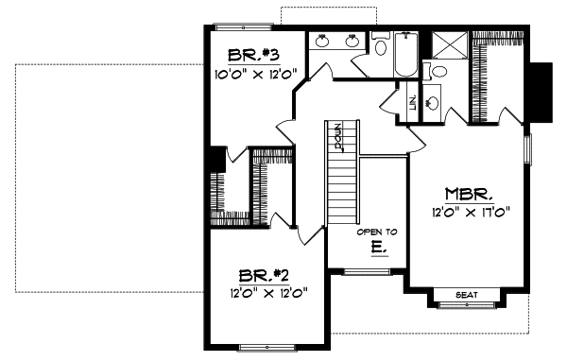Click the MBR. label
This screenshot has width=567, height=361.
click(467, 196)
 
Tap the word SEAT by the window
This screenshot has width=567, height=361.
click(466, 295)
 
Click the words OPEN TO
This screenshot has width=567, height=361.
click(376, 232)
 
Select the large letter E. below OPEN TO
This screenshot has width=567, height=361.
click(377, 249)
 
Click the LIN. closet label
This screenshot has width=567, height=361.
click(413, 100)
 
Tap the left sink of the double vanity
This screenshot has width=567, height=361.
click(321, 42)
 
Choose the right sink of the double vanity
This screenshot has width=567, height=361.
click(352, 42)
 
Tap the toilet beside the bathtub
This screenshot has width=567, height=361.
click(381, 47)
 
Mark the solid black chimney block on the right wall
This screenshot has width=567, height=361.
click(541, 92)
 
